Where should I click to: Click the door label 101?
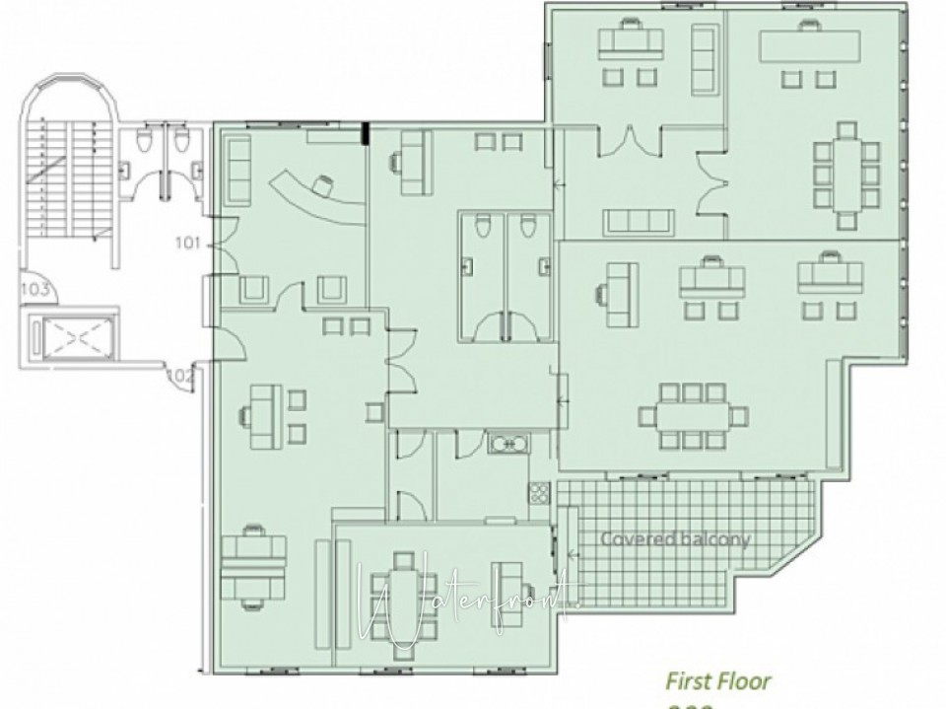188,241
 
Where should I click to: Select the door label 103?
35,289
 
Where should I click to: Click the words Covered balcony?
675,539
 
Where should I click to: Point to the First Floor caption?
718,680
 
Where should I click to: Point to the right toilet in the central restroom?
527,228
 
